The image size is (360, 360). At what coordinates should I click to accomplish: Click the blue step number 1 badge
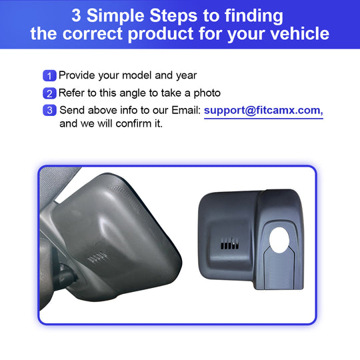point(49,75)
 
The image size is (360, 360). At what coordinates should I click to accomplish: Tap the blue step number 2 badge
point(49,93)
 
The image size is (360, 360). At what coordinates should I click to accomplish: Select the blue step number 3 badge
point(49,110)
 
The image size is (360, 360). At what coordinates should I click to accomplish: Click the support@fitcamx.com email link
point(263,111)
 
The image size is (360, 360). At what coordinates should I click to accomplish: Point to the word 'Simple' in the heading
point(115,15)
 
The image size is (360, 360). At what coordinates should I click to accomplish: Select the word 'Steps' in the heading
point(173,16)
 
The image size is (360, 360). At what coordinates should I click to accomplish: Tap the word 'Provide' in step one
point(77,75)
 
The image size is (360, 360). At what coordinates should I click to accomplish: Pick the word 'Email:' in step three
point(186,110)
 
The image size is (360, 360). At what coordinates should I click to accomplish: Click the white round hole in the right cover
point(279,240)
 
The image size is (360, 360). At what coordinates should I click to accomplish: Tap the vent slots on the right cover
point(229,244)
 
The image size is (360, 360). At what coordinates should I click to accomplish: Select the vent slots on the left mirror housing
point(97,257)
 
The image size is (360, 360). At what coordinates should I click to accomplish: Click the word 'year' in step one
point(186,76)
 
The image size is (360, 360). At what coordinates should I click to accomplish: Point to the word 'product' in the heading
point(161,34)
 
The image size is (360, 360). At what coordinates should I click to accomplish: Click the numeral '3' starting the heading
point(76,15)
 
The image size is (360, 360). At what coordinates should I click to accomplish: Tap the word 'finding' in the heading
point(254,16)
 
